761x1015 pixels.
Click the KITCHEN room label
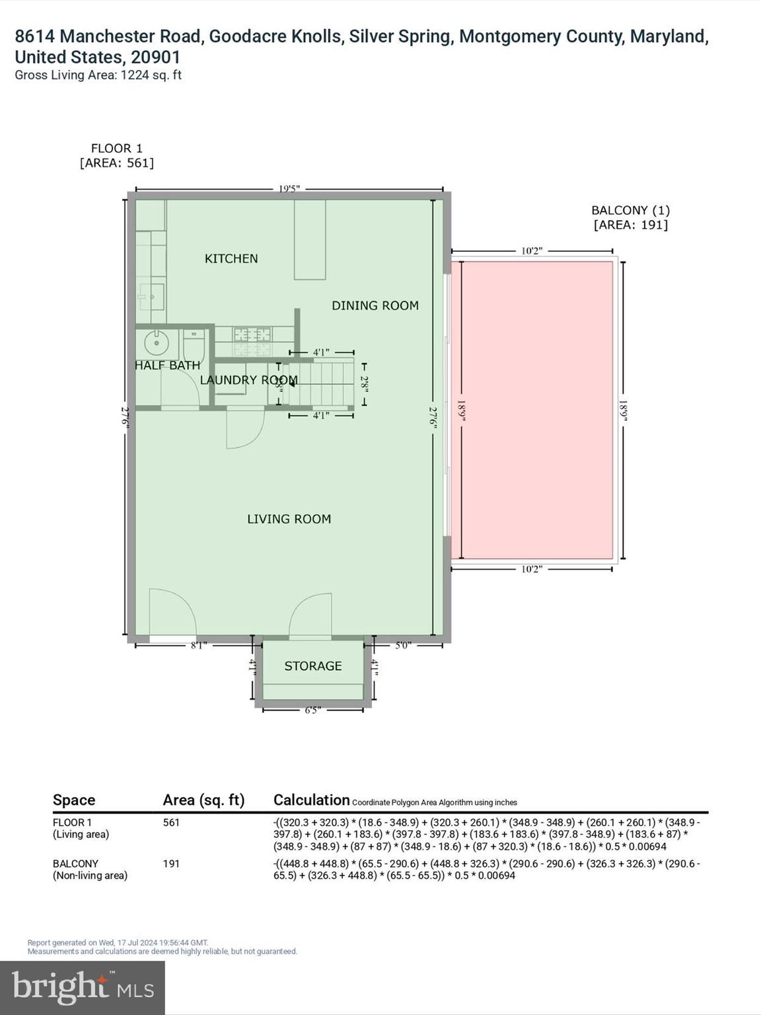[x=231, y=258]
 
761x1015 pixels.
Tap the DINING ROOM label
[x=375, y=305]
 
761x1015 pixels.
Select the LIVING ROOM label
[x=289, y=519]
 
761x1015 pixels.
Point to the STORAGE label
[x=313, y=666]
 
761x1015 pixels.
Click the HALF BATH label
[x=167, y=365]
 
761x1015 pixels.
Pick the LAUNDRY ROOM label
[x=248, y=380]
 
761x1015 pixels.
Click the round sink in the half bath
[x=157, y=343]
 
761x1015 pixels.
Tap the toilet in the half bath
[x=194, y=344]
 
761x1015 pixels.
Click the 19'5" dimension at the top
[x=289, y=189]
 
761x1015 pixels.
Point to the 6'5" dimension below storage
[x=312, y=710]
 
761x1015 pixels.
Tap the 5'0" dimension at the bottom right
[x=403, y=645]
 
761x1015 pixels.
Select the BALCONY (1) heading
[x=630, y=210]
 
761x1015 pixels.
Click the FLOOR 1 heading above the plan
[x=116, y=149]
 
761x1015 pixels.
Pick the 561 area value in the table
[x=171, y=823]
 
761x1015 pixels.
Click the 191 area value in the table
[x=171, y=864]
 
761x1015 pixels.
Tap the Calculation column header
[x=311, y=800]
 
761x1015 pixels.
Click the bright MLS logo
[x=83, y=988]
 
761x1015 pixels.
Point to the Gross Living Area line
[x=98, y=75]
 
